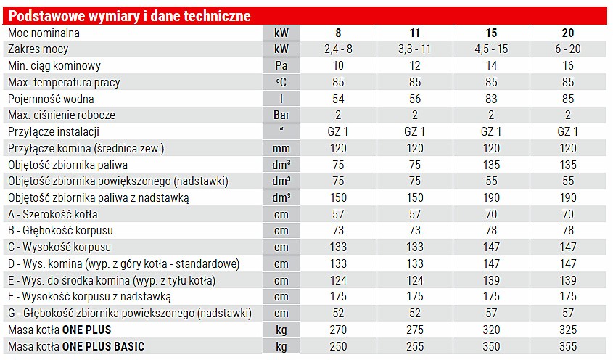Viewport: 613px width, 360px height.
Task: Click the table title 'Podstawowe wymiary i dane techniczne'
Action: coord(129,16)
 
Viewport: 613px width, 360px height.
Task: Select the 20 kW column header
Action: coord(567,33)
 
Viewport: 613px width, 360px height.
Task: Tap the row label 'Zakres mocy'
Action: coord(38,49)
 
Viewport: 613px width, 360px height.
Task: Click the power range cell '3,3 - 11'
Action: coord(414,49)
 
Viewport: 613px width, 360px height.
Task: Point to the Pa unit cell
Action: coord(281,65)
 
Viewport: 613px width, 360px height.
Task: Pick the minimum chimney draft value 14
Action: coord(491,65)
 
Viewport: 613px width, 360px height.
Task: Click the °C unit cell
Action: coord(281,82)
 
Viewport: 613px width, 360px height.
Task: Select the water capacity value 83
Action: coord(491,99)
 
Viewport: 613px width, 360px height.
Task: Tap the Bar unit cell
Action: coord(281,115)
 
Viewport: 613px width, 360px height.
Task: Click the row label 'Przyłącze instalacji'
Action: coord(54,132)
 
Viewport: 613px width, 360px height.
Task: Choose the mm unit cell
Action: coord(281,149)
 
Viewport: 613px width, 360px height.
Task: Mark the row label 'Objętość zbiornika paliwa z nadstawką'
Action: coord(98,198)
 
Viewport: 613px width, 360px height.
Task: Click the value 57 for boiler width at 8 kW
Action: coord(338,214)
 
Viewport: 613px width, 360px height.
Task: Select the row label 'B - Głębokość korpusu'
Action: coord(60,231)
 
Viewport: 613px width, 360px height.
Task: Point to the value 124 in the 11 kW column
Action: coord(414,281)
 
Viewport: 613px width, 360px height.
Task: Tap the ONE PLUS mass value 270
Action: coord(338,330)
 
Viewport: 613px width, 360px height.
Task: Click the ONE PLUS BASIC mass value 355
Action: coord(567,347)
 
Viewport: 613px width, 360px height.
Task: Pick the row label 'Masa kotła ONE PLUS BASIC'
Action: coord(76,347)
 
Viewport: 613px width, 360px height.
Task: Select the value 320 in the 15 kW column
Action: coord(491,330)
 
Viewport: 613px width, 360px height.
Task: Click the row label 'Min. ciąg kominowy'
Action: coord(54,66)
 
